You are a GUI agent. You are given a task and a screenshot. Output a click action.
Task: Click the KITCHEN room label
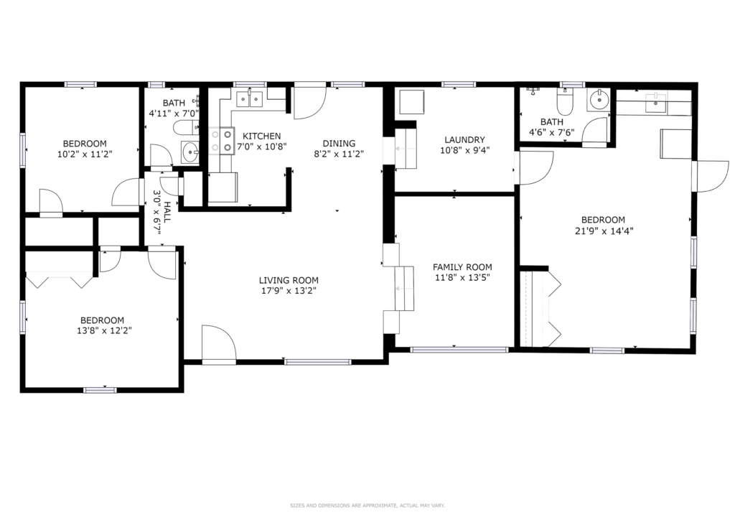click(261, 136)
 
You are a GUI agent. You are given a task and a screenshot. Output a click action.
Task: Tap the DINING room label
click(339, 144)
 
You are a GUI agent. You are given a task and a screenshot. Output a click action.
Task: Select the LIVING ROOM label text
click(289, 280)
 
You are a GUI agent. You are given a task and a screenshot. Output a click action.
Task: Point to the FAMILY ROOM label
click(462, 267)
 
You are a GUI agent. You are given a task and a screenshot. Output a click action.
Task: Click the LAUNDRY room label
click(464, 140)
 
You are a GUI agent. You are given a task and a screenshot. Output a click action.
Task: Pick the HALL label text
click(167, 212)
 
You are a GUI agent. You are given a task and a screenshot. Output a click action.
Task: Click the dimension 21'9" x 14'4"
click(603, 231)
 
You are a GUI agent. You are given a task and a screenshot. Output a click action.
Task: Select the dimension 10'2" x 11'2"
click(85, 154)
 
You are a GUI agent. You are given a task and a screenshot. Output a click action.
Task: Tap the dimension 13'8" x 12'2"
click(104, 330)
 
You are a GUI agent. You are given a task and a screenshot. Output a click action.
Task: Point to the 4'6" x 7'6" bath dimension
click(552, 133)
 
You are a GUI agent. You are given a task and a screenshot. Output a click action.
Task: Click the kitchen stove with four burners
click(222, 141)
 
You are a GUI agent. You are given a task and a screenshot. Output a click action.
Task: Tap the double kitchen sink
click(249, 99)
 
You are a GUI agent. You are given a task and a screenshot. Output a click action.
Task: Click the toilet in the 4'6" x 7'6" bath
click(563, 103)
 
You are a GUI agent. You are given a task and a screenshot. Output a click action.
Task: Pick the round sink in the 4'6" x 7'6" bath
click(599, 100)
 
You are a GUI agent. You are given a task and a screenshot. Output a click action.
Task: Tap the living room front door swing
click(219, 344)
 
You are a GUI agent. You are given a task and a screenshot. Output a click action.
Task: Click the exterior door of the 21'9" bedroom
click(711, 176)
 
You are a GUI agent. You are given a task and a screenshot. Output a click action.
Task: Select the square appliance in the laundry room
click(411, 102)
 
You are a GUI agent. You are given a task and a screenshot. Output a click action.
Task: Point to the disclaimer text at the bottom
click(367, 506)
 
